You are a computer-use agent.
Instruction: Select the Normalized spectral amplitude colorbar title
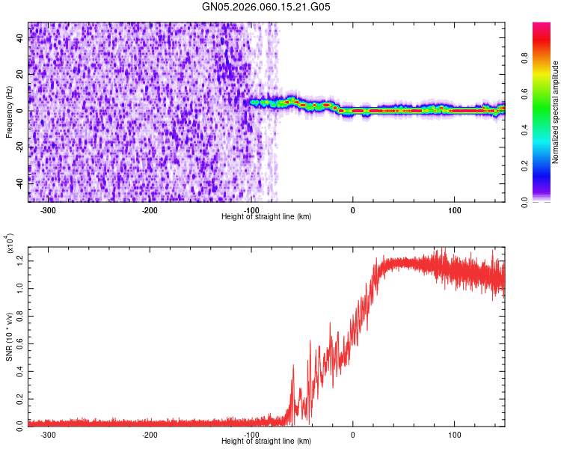click(x=556, y=112)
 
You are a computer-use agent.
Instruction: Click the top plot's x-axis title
click(x=266, y=216)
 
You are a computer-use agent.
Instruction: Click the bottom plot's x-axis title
click(x=266, y=442)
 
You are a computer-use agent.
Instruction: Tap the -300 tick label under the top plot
click(x=49, y=210)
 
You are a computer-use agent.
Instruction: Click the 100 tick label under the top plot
click(x=454, y=210)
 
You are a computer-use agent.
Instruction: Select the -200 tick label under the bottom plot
click(x=150, y=434)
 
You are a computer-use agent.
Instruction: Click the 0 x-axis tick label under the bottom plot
click(x=353, y=434)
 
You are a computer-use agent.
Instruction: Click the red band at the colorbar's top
click(x=541, y=27)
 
